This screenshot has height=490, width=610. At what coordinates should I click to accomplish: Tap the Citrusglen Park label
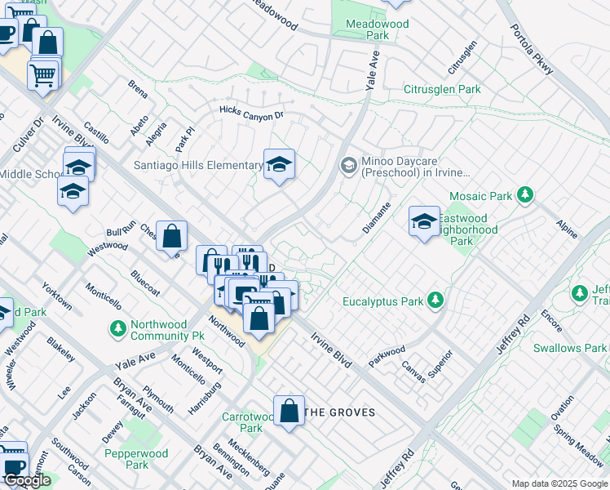(x=442, y=89)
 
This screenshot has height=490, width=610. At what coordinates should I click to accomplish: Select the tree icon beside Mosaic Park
(x=527, y=195)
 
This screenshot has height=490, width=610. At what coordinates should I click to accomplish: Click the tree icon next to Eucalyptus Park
(x=436, y=301)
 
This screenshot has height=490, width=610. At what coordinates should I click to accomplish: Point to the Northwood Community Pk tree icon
(x=118, y=328)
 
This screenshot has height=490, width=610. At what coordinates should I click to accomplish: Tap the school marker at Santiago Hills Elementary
(x=278, y=164)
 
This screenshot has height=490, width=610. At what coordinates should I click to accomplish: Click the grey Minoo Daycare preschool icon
(x=348, y=166)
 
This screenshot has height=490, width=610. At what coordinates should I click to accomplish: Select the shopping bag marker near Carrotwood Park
(x=289, y=411)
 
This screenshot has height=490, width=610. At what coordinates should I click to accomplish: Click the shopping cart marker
(x=43, y=76)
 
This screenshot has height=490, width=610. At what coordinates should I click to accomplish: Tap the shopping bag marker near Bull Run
(x=171, y=237)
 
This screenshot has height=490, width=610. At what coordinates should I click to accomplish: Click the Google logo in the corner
(x=26, y=480)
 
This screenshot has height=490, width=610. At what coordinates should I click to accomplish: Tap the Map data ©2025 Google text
(x=559, y=483)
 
